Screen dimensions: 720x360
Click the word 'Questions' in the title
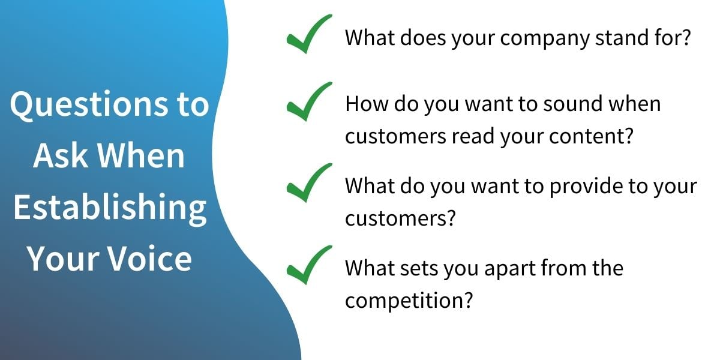[x=89, y=105]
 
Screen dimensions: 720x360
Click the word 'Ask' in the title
[x=61, y=155]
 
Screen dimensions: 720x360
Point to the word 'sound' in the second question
[x=573, y=104]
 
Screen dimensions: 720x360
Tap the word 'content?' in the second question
[x=591, y=136]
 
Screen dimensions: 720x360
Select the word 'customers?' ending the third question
[x=401, y=218]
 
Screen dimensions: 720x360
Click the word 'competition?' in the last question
[x=409, y=301]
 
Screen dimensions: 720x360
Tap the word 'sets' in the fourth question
[x=419, y=268]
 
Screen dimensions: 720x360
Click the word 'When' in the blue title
[x=141, y=155]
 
